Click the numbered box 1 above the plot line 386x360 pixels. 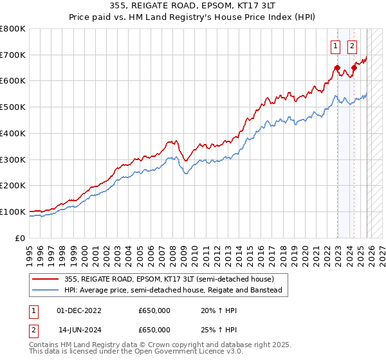click(336, 46)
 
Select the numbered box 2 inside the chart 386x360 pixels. click(353, 46)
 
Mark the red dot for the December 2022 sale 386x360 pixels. click(337, 67)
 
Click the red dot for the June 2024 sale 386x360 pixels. click(354, 67)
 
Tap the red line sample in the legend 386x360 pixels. click(46, 279)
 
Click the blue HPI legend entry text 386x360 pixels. click(173, 291)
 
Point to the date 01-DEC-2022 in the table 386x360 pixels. click(79, 310)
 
